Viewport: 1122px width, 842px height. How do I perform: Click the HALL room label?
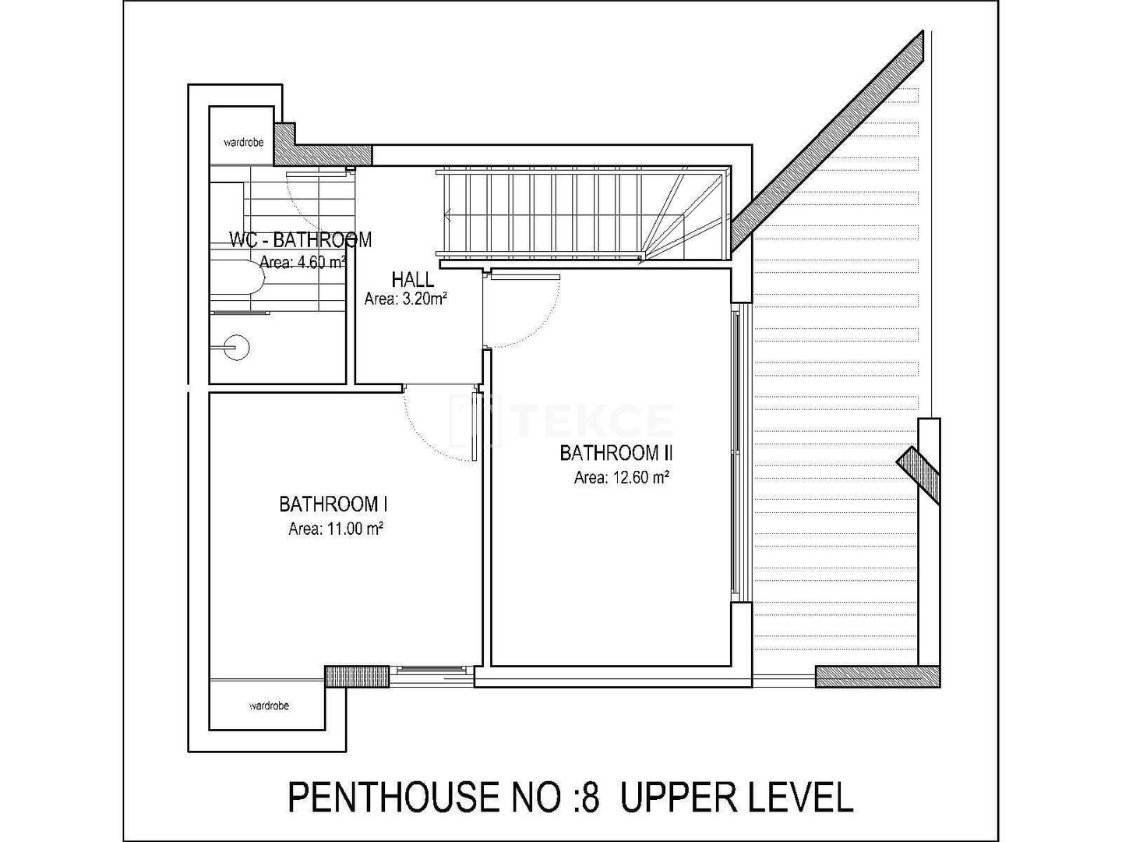412,280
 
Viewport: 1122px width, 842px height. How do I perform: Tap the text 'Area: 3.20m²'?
406,299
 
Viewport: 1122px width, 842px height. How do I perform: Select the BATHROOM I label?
333,504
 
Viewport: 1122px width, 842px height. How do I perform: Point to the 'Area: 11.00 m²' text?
336,529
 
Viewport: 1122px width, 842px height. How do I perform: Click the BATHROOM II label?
616,454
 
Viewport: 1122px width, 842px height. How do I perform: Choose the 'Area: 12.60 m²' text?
622,477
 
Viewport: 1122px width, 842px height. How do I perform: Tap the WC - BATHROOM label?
301,240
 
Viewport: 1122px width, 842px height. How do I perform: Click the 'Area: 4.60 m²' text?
302,263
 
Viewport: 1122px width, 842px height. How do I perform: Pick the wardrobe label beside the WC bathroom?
244,143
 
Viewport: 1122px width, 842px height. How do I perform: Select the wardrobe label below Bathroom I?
269,706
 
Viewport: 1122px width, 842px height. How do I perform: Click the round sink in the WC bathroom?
237,347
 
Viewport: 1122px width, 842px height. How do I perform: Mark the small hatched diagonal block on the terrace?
918,475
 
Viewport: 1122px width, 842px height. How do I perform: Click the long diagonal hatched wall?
827,142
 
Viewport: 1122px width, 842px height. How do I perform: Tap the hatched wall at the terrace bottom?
877,677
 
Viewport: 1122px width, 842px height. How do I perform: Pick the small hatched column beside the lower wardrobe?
358,677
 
